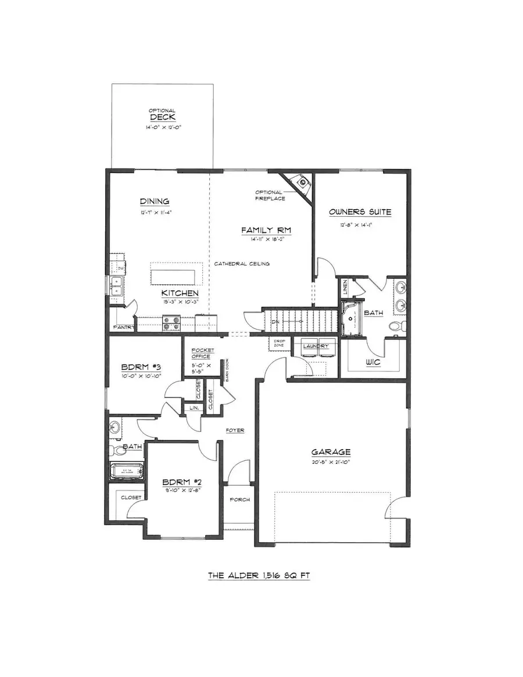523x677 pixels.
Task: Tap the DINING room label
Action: tap(154, 201)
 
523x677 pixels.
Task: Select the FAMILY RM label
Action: tap(266, 231)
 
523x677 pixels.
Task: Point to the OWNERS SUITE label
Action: tap(360, 212)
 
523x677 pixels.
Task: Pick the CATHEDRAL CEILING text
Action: tap(241, 264)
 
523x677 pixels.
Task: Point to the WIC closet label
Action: tap(372, 362)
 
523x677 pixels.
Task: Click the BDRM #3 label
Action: tap(137, 367)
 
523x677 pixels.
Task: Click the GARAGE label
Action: tap(331, 452)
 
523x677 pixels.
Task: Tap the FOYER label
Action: tap(235, 431)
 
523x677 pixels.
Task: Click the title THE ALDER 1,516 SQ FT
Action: tap(259, 576)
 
